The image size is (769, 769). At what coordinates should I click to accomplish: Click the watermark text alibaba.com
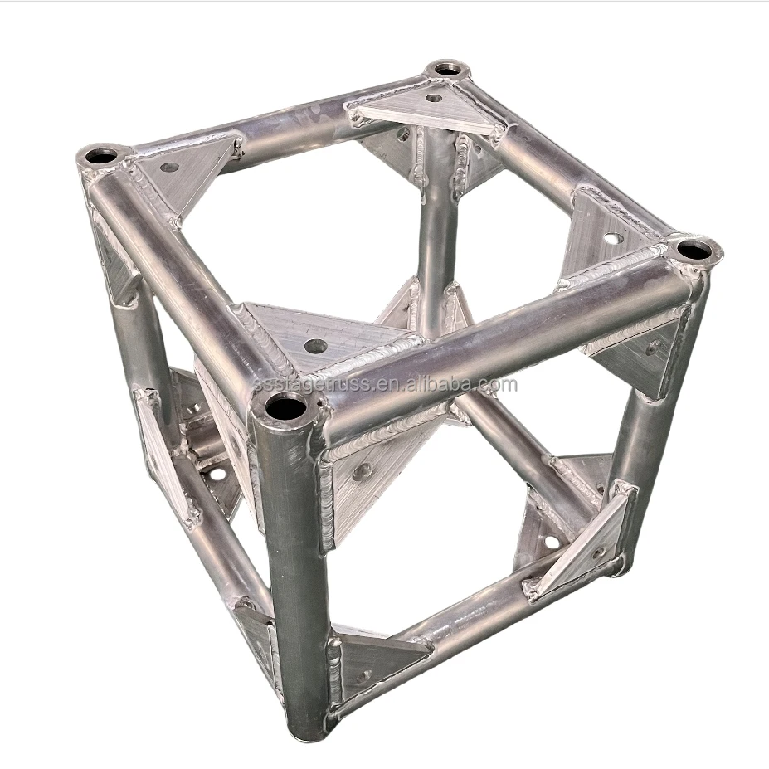point(390,385)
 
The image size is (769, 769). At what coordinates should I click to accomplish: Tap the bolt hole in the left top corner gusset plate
point(169,168)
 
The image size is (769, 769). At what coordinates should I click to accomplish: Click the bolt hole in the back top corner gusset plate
point(433,99)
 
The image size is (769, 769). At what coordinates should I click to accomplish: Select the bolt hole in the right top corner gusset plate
point(611,238)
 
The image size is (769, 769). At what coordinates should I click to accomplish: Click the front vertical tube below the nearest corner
point(287,564)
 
